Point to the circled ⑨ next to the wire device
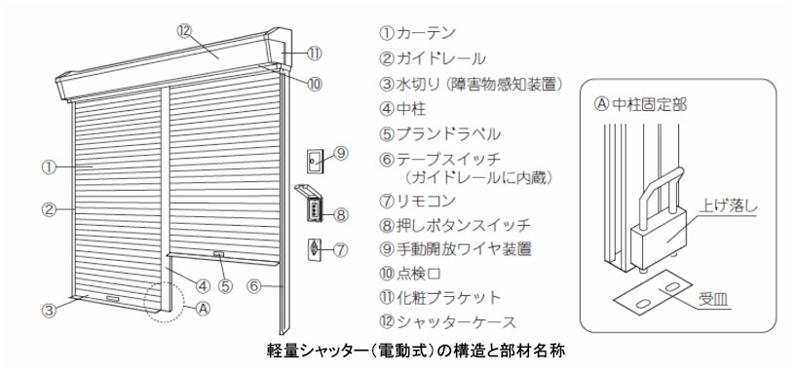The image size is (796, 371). [x=340, y=152]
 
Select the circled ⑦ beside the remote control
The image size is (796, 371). [x=340, y=249]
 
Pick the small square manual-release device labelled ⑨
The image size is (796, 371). [x=314, y=159]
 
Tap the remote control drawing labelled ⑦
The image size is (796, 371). [x=313, y=248]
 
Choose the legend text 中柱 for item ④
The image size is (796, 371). [x=408, y=106]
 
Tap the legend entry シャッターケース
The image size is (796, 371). [x=454, y=320]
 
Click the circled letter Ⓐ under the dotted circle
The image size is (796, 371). [x=202, y=309]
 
